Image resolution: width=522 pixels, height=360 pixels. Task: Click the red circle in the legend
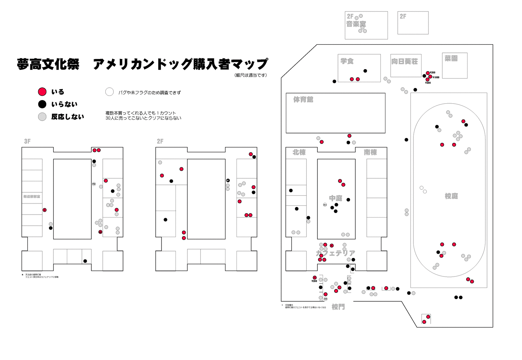(42, 92)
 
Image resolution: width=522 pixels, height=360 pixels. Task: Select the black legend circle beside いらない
(42, 104)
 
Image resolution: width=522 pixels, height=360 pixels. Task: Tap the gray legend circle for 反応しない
(42, 116)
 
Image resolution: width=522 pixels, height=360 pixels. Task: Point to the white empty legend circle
(109, 92)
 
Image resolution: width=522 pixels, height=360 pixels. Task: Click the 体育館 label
(303, 99)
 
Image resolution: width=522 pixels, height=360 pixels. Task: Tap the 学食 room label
(347, 61)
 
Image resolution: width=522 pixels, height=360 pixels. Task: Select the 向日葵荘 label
(405, 61)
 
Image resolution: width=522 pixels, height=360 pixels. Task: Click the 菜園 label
(451, 58)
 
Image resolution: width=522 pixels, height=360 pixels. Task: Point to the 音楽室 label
(356, 24)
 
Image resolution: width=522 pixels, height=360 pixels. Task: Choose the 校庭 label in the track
(451, 196)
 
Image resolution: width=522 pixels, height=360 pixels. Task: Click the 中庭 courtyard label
(335, 198)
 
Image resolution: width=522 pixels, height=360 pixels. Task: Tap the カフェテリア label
(335, 253)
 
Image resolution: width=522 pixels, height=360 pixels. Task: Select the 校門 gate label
(338, 307)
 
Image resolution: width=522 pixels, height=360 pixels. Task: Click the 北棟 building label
(299, 152)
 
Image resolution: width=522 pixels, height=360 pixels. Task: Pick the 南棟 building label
(370, 152)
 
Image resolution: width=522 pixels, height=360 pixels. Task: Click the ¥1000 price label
(436, 77)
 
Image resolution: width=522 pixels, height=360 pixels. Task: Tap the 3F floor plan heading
(27, 141)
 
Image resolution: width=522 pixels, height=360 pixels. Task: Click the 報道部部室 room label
(32, 197)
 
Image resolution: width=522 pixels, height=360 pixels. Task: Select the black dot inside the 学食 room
(365, 71)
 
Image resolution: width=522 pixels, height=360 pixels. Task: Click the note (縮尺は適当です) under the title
(251, 75)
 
